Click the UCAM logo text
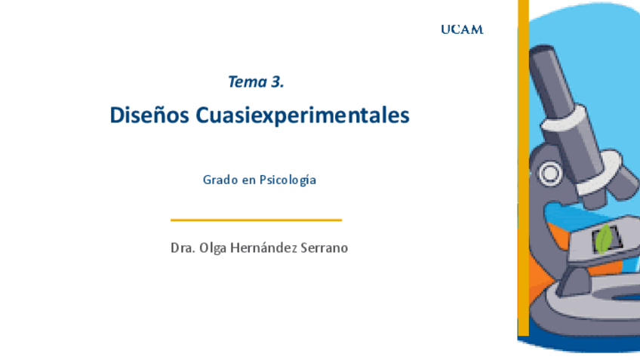[462, 29]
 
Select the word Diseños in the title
[149, 115]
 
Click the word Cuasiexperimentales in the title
[302, 115]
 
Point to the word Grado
[219, 180]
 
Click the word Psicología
[288, 180]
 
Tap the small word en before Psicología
[248, 180]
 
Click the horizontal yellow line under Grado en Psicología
[256, 220]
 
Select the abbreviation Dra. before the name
[182, 248]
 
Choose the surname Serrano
[325, 248]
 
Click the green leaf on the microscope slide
[604, 239]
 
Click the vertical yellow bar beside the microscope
[522, 174]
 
